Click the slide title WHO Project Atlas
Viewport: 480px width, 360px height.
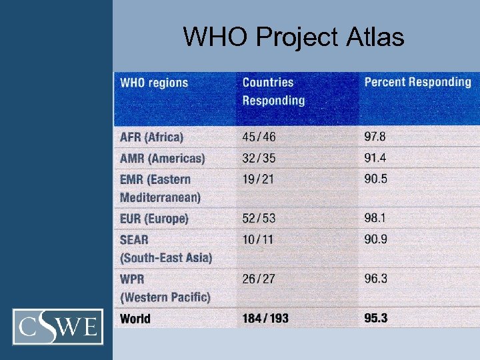coord(293,37)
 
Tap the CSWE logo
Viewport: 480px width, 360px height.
coord(59,327)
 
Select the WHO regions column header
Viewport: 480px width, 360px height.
coord(154,83)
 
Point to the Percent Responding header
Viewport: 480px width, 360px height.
coord(417,83)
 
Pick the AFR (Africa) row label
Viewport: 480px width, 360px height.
coord(151,137)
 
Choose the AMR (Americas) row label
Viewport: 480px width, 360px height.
coord(162,159)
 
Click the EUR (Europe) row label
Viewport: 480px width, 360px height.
coord(154,219)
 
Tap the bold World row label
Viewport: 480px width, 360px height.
coord(135,319)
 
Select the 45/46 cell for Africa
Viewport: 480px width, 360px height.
coord(259,137)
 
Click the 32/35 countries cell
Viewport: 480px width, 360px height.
coord(259,159)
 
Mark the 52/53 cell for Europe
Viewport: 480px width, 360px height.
coord(259,219)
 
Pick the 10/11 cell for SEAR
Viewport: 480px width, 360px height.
coord(257,239)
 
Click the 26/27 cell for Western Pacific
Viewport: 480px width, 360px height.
coord(259,279)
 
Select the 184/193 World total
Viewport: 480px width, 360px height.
coord(265,319)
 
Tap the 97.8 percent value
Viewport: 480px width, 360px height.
coord(375,137)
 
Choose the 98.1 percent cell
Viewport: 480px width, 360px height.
coord(375,219)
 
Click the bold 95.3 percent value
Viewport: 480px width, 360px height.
coord(376,319)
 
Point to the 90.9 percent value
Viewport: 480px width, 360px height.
coord(376,239)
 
